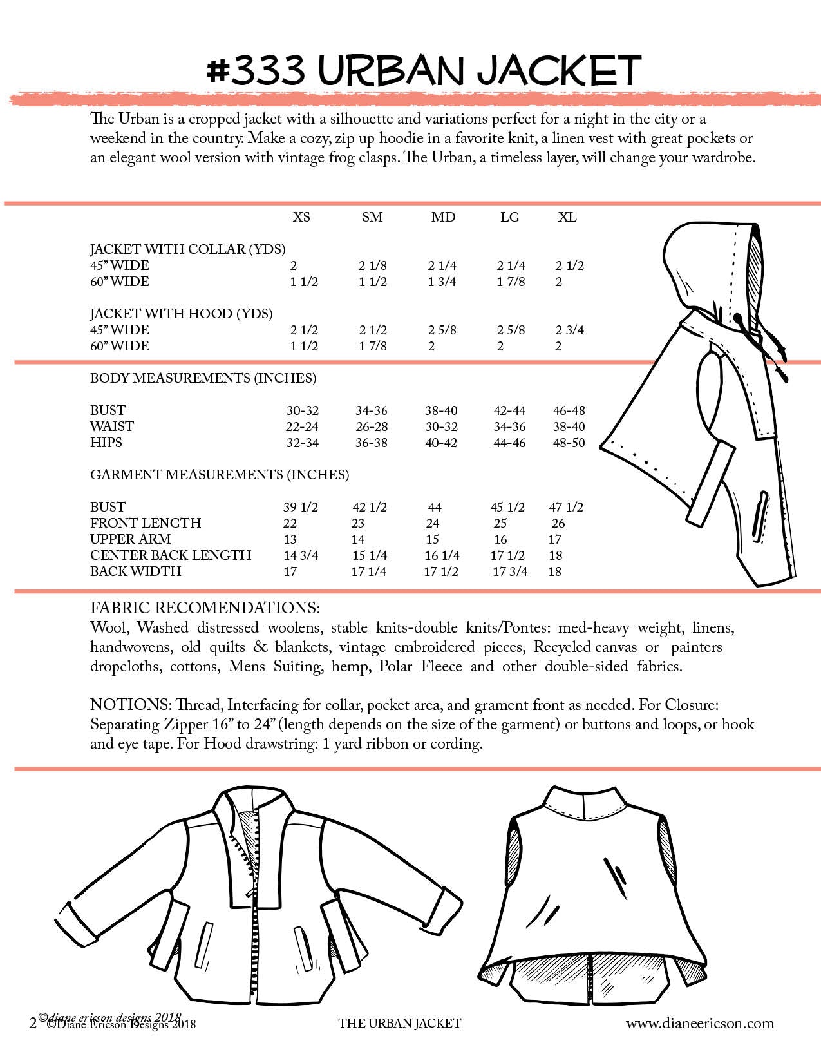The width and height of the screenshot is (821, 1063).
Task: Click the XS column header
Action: [301, 217]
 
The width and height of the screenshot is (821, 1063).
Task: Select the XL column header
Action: [567, 217]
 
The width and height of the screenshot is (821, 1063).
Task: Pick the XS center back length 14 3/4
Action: [301, 555]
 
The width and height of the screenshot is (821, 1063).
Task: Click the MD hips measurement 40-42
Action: [441, 443]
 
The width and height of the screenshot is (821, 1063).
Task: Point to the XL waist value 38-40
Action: [569, 426]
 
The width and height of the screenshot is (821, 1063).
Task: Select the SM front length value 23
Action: [358, 523]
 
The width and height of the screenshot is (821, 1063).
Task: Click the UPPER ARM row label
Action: [131, 539]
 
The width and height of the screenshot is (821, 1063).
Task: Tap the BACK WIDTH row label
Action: [135, 571]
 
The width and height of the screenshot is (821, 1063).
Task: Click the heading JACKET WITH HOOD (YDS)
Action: [181, 314]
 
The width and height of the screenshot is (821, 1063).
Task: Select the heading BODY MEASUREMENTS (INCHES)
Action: [203, 378]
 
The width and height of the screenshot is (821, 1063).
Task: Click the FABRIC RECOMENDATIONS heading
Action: [205, 608]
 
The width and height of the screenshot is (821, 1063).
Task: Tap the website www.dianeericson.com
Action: [700, 1023]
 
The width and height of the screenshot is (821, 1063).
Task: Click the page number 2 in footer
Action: [33, 1023]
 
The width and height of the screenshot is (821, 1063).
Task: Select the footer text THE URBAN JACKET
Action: [399, 1023]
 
